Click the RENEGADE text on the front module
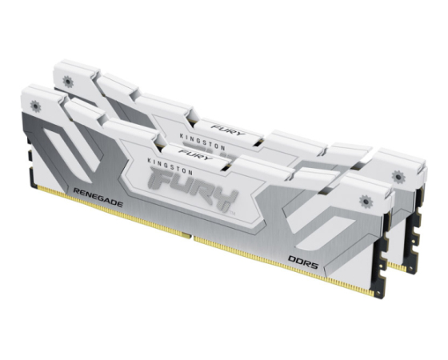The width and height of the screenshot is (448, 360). [98, 198]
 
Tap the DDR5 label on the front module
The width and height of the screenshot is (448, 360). [303, 262]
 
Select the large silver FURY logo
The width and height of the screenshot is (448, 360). [193, 189]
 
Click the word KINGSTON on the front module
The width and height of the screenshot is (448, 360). [170, 166]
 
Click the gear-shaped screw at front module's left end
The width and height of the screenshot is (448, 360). [35, 106]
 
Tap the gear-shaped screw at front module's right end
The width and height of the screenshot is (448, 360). [366, 202]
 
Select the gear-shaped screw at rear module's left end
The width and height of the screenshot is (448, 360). [68, 82]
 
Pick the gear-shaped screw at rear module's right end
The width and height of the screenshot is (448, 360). [398, 177]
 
